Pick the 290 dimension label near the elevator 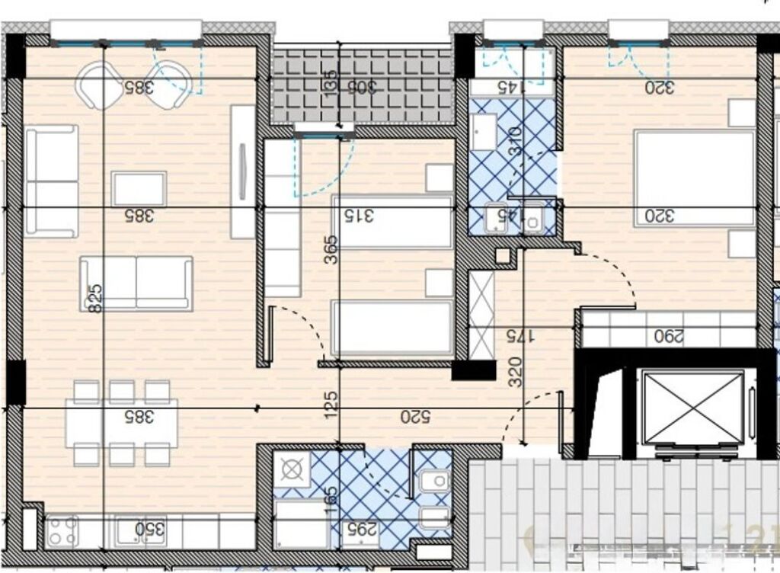coord(668,335)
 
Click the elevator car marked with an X coord(692,407)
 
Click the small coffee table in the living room coord(139,188)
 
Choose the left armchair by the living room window coord(101,84)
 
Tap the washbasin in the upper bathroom coord(531,217)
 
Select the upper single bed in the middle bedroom coord(392,222)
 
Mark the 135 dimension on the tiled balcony coord(329,81)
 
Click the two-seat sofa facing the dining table coord(136,283)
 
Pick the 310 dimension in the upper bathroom coord(514,141)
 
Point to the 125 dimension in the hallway coord(331,402)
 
